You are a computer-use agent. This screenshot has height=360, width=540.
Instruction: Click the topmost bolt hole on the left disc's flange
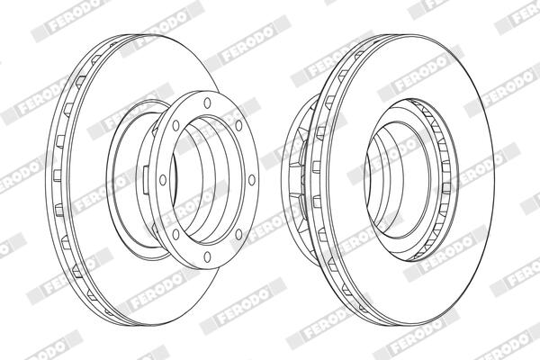(207, 103)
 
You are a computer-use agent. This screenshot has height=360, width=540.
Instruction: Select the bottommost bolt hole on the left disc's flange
(207, 256)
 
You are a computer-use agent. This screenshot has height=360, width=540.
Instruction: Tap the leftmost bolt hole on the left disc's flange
(163, 180)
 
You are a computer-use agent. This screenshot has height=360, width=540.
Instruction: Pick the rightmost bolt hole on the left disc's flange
(252, 180)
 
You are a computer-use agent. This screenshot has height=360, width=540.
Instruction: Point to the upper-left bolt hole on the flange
(175, 125)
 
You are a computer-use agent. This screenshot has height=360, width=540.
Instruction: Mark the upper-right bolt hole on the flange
(238, 125)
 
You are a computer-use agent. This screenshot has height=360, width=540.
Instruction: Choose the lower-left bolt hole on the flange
(175, 235)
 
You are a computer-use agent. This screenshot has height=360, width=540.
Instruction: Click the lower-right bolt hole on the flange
(238, 235)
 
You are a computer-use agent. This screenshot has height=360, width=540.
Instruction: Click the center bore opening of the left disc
(207, 180)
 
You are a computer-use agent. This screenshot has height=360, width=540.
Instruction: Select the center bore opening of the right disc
(399, 179)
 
